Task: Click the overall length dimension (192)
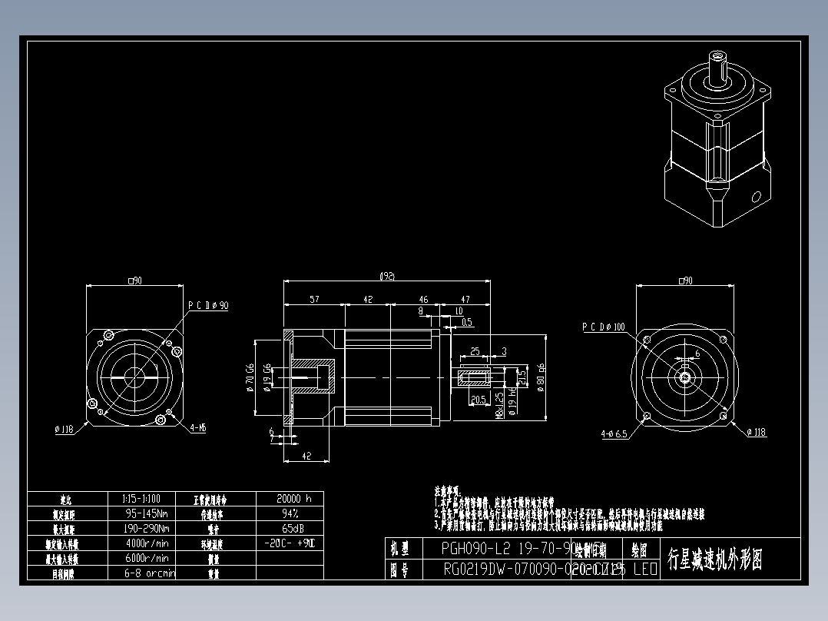(387, 275)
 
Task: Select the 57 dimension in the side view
(315, 299)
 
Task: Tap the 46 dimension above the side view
(423, 299)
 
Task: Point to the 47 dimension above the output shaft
(465, 299)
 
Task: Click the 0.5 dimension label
(467, 322)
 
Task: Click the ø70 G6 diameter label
(250, 377)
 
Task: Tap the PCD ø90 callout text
(208, 305)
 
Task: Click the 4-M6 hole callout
(197, 427)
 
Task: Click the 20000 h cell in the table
(294, 498)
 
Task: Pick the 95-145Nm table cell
(147, 513)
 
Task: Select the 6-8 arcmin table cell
(149, 573)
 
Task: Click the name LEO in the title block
(644, 570)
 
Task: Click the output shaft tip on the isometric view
(719, 56)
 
